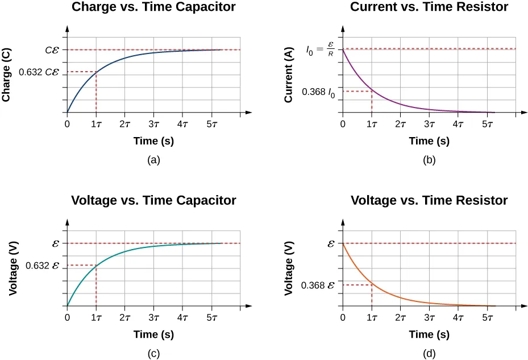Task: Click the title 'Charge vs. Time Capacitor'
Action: click(153, 7)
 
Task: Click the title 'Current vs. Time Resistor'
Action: click(429, 7)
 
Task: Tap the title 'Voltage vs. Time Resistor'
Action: click(429, 200)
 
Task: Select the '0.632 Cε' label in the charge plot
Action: click(39, 72)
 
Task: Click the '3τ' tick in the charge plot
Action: click(153, 123)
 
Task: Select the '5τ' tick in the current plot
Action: click(487, 123)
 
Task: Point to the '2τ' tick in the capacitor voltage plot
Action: click(125, 317)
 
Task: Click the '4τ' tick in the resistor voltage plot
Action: click(458, 317)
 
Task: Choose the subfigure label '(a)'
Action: click(153, 160)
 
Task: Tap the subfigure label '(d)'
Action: click(429, 354)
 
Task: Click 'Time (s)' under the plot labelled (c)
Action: click(153, 334)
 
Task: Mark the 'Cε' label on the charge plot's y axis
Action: click(53, 50)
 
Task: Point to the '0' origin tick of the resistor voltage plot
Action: click(343, 317)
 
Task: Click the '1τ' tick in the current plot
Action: click(372, 123)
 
